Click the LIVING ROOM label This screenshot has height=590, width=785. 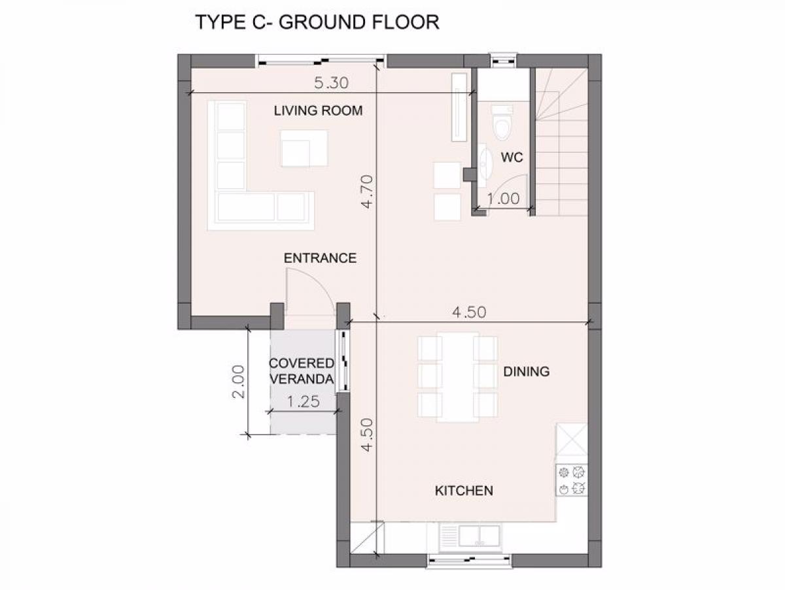[318, 110]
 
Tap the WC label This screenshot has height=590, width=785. [512, 157]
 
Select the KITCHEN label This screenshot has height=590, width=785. [464, 491]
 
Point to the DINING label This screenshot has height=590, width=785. [527, 371]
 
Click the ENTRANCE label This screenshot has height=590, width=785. [320, 258]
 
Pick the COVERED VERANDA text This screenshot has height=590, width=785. [302, 371]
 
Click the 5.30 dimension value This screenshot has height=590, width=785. [331, 83]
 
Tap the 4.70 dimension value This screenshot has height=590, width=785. [367, 192]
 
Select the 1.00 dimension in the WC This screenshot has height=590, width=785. [504, 199]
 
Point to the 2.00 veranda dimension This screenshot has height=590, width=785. [239, 382]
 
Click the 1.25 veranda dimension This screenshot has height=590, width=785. [304, 402]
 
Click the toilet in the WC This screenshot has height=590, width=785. [502, 122]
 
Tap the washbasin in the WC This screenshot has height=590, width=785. [485, 165]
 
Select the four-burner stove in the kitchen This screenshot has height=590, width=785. [572, 480]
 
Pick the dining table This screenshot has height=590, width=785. [457, 377]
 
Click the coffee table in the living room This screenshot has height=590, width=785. [304, 148]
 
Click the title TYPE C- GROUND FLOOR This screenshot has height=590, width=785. [317, 22]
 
